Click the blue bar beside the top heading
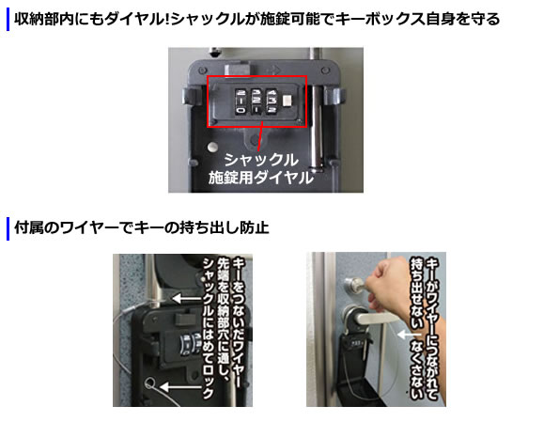[8, 20]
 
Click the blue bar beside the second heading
[8, 228]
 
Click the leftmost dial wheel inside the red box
[241, 102]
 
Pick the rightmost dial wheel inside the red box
[272, 102]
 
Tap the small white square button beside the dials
[287, 101]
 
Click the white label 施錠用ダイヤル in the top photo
[261, 178]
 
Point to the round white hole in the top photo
[212, 147]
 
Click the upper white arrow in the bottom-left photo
[186, 299]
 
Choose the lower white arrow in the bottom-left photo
[181, 387]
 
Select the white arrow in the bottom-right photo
[409, 335]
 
